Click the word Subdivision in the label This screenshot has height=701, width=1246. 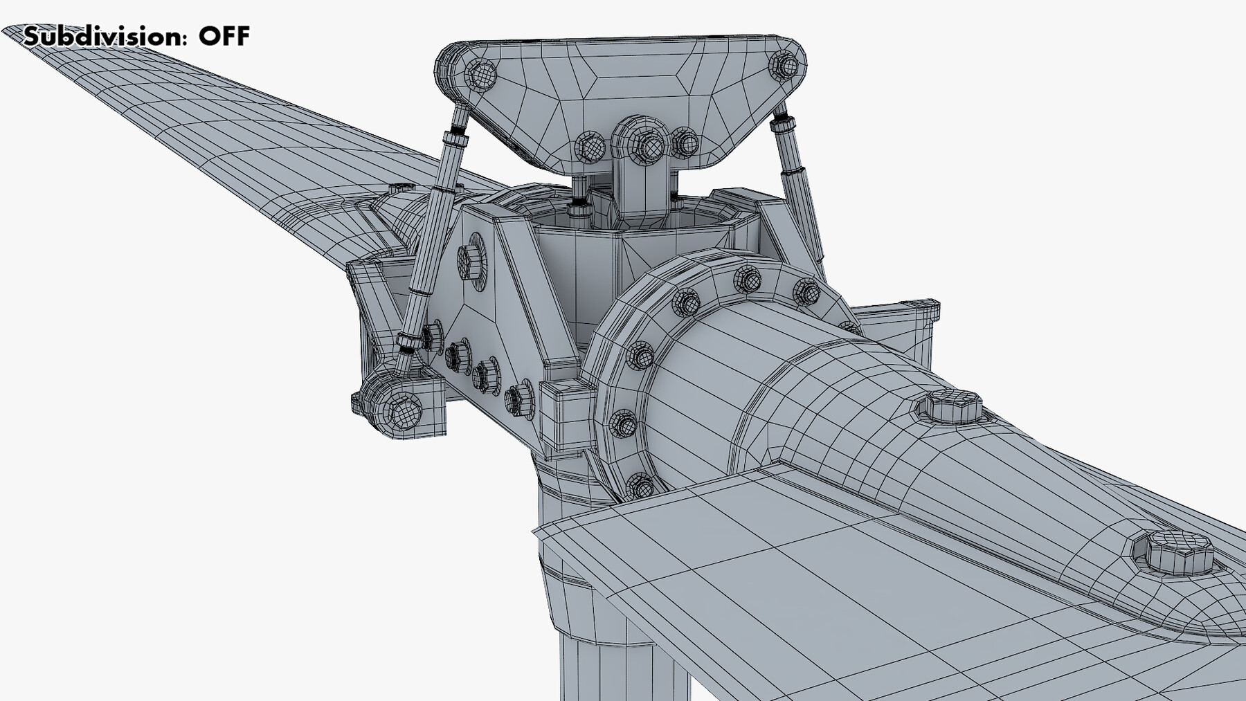104,36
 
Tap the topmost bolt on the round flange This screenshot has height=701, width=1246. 746,278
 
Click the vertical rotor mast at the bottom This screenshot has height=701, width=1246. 609,664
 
